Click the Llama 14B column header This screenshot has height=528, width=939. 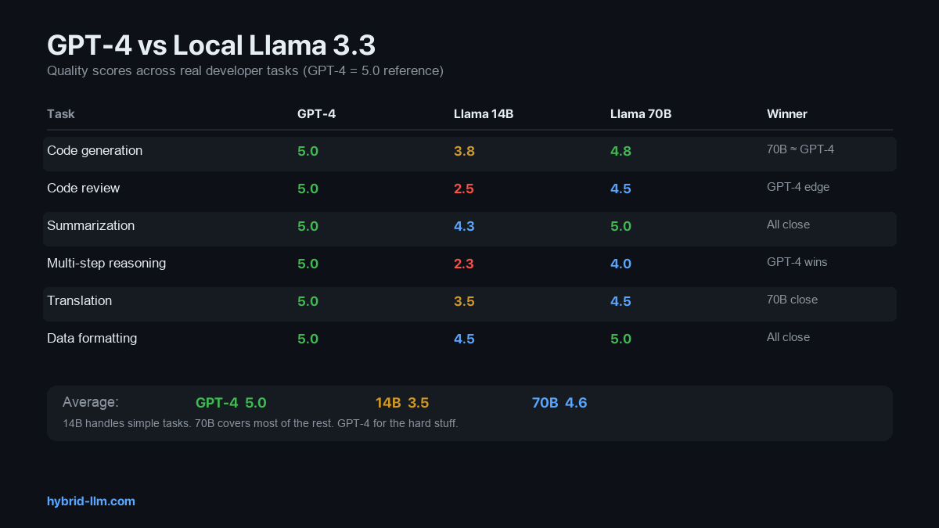coord(483,114)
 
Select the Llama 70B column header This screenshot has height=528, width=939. coord(640,114)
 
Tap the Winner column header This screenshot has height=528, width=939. coord(786,114)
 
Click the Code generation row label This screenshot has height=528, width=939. coord(95,151)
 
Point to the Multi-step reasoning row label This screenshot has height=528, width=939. coord(106,264)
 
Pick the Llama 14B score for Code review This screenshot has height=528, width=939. coord(464,189)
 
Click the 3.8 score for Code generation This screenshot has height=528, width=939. coord(464,151)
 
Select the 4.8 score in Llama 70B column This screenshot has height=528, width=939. coord(621,151)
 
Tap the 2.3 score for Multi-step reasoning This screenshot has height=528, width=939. coord(464,264)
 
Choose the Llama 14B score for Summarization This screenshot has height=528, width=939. coord(464,226)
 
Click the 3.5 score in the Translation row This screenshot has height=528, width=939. coord(464,301)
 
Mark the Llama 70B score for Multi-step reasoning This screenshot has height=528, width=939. coord(621,264)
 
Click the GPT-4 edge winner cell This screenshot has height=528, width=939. coord(797,188)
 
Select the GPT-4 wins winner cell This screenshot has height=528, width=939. coord(797,263)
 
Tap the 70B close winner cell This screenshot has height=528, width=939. coord(792,300)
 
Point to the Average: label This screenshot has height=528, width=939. coord(91,402)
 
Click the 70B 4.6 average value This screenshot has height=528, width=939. coord(559,403)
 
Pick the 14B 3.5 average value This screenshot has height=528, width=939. coord(401,403)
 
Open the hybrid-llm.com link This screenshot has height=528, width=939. coord(91,501)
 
